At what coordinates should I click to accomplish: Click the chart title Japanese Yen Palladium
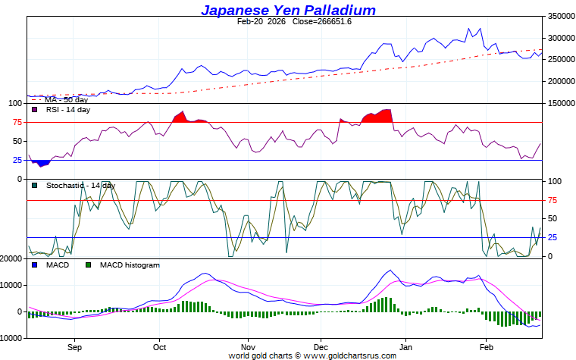point(288,10)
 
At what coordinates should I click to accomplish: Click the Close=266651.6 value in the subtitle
point(322,21)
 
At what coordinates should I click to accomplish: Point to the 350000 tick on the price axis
point(560,16)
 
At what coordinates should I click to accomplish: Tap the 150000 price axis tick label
point(560,103)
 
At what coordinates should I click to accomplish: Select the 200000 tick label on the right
point(560,81)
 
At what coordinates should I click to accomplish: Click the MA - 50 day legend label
point(66,100)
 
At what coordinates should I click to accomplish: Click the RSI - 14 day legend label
point(67,110)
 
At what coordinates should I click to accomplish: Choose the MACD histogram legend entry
point(130,265)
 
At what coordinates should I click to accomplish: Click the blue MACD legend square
point(35,265)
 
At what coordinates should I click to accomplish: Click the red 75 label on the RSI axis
point(16,122)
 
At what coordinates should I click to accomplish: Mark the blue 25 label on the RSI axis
point(16,160)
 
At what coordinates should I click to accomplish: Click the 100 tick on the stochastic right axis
point(554,182)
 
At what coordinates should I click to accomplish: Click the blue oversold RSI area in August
point(41,162)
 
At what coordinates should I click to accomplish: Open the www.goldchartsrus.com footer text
point(349,355)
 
